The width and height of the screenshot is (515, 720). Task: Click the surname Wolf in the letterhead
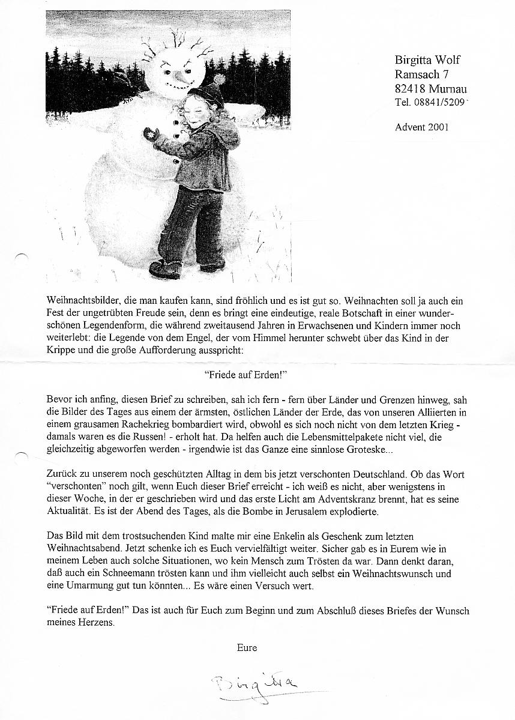pos(447,60)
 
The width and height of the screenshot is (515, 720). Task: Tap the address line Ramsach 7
pos(421,74)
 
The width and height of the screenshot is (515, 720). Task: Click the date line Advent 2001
pos(421,127)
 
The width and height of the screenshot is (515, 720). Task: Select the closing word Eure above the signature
pos(247,647)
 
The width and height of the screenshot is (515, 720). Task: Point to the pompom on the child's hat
pos(218,79)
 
